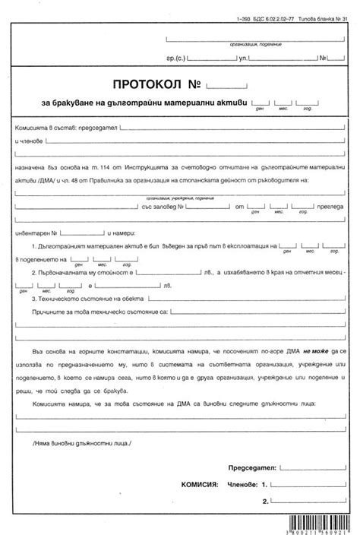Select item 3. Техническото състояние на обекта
87,298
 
